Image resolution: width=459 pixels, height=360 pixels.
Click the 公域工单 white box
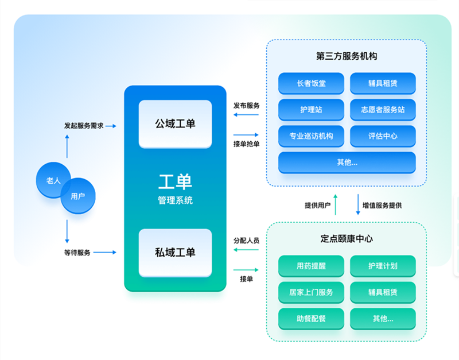175,124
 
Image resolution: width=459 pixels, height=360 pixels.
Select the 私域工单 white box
175,253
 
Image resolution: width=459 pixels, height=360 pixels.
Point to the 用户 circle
78,196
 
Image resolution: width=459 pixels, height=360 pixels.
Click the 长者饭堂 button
311,83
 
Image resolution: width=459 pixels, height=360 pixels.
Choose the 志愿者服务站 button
383,110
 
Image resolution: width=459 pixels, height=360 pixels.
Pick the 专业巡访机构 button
311,136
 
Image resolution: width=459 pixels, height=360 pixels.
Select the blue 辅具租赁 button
383,83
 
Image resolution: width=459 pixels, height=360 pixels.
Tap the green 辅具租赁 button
383,292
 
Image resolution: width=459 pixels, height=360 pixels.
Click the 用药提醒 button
311,266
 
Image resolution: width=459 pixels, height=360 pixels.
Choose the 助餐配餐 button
311,319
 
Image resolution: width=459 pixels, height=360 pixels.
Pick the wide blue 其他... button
347,162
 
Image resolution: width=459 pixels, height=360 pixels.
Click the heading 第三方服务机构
347,56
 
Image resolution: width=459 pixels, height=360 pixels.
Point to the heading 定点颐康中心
347,239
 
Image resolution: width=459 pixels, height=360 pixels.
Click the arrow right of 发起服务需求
111,126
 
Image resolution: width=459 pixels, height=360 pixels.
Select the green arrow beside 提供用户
336,204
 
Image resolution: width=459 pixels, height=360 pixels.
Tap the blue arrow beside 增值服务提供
357,204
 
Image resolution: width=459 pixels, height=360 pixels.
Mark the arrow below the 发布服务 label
246,114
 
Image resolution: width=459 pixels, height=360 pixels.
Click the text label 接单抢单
246,144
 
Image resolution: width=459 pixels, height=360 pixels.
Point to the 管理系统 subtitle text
175,200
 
